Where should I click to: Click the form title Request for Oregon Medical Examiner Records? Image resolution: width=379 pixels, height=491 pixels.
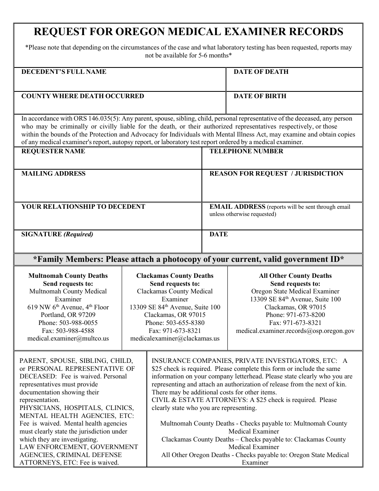click(x=188, y=32)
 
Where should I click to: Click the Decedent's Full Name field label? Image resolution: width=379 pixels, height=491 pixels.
click(x=63, y=72)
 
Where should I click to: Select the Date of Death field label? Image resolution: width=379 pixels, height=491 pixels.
click(x=261, y=72)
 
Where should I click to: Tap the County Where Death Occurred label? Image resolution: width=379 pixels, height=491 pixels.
click(x=83, y=96)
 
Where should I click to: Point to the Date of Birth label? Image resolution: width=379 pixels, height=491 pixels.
click(x=260, y=96)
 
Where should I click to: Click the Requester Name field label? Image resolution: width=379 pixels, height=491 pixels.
click(x=53, y=151)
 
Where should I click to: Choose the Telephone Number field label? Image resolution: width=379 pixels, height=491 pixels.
click(x=246, y=151)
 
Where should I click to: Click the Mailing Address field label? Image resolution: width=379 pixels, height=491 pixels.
click(x=53, y=174)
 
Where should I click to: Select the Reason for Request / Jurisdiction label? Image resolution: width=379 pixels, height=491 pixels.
click(x=276, y=174)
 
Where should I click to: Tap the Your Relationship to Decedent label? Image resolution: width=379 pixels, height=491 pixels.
click(x=83, y=207)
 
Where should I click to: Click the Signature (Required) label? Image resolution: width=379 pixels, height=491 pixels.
click(x=57, y=234)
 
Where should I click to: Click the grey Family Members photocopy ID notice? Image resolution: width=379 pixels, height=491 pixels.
click(x=188, y=259)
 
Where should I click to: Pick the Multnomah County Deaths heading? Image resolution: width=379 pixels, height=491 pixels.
click(x=68, y=276)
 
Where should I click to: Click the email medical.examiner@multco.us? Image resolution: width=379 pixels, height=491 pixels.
click(x=68, y=339)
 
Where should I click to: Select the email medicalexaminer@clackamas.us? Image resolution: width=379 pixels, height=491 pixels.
click(x=175, y=339)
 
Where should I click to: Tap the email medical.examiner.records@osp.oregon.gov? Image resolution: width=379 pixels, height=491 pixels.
click(x=295, y=331)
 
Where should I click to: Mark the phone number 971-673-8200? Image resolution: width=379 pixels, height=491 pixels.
click(x=306, y=315)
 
